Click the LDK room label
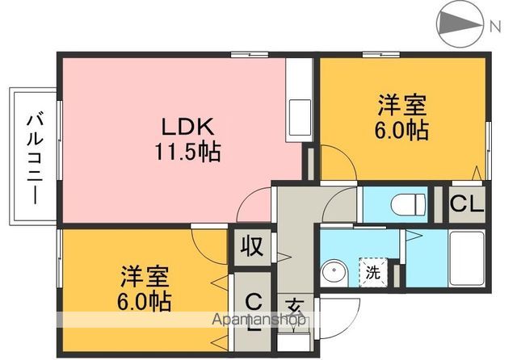187,128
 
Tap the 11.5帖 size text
187,150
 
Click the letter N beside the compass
494,26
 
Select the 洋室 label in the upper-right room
401,106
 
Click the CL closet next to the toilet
465,203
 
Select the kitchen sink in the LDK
298,111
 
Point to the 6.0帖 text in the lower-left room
146,300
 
